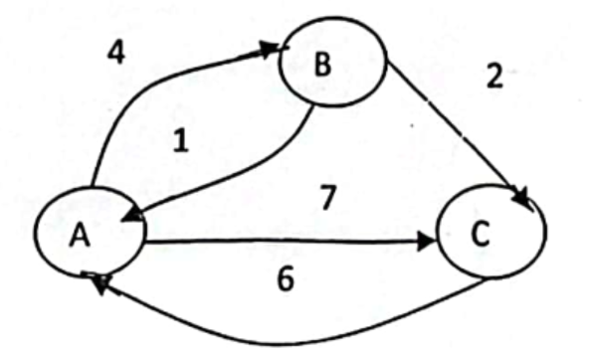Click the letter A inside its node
point(80,234)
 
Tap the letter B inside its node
point(322,65)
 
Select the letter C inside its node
point(481,234)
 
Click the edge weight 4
point(116,52)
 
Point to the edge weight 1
point(181,140)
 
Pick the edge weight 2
point(494,76)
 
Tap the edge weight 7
point(327,197)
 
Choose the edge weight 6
point(286,279)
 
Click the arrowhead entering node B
point(272,50)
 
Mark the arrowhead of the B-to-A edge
point(132,215)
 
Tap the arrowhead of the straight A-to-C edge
point(427,242)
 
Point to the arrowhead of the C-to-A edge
point(98,281)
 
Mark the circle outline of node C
point(437,232)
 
